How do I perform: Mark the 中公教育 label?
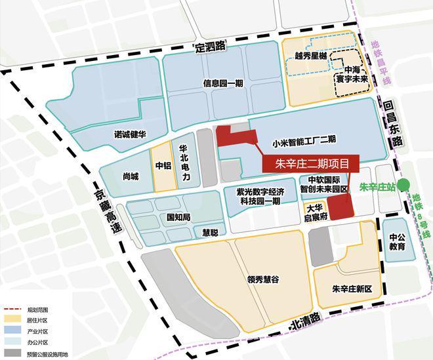397,242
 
